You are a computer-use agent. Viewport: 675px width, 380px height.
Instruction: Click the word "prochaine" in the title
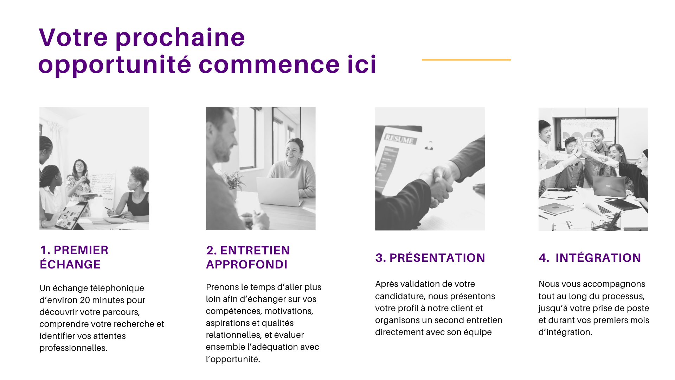(180, 38)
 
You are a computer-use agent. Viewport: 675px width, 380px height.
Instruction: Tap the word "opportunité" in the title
(115, 65)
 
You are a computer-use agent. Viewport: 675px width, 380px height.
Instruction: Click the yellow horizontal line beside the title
(466, 60)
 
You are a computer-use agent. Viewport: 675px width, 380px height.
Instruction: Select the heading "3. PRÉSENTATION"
(430, 258)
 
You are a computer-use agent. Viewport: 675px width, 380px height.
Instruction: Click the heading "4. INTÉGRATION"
(590, 258)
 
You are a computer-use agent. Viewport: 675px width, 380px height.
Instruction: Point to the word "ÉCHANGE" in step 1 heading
(70, 264)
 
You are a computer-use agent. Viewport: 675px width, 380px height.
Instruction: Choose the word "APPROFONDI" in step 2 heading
(247, 265)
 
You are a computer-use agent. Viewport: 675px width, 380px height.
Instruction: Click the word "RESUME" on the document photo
(399, 139)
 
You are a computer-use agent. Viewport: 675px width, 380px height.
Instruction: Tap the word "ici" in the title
(362, 65)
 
